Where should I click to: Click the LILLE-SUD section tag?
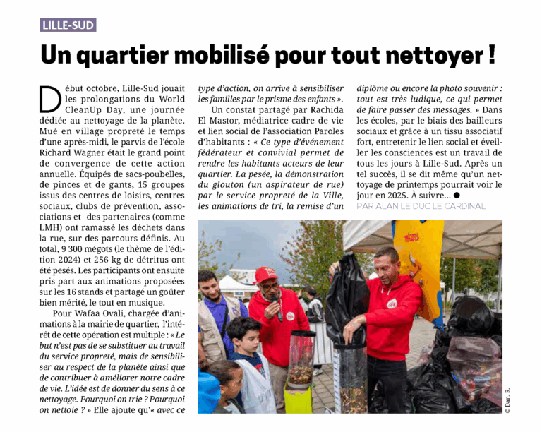68,25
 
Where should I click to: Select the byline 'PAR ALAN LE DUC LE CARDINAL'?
421,206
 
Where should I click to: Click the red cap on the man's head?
265,274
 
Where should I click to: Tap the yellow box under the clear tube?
298,399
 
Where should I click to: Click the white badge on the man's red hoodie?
391,303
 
